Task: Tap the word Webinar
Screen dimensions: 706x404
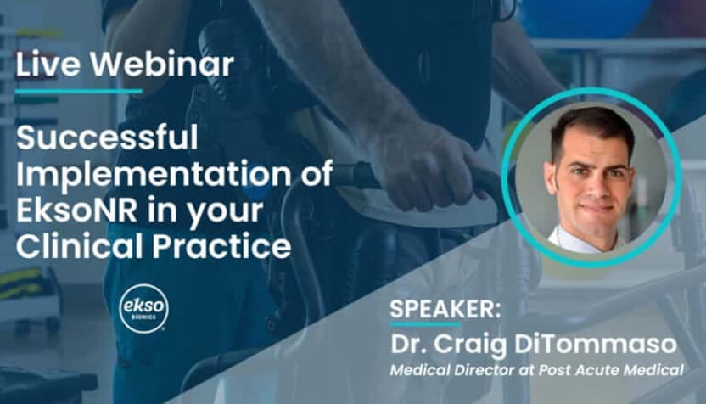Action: [163, 64]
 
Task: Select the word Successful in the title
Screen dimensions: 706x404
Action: [107, 137]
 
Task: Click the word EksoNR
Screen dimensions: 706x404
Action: [76, 210]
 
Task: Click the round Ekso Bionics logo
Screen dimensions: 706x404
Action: [144, 309]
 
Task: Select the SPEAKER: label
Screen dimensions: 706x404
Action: [445, 310]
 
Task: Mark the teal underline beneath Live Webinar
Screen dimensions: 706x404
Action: [79, 92]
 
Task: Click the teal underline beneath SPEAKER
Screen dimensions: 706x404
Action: [425, 323]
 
